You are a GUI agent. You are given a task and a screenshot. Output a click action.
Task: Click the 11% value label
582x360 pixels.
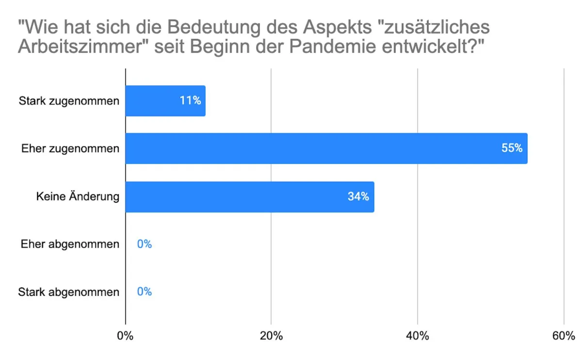(x=190, y=101)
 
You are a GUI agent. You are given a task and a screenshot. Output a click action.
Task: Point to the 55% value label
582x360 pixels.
(x=512, y=148)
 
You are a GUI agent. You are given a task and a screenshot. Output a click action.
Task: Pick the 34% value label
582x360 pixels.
(x=358, y=197)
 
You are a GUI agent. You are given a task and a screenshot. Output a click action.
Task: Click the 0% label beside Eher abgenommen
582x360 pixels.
(x=144, y=244)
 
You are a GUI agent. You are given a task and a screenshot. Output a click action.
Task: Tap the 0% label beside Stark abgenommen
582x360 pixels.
(x=144, y=292)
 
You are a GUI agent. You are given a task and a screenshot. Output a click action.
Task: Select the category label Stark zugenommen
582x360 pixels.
(x=69, y=101)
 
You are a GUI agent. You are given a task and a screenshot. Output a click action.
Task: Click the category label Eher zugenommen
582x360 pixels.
(x=70, y=149)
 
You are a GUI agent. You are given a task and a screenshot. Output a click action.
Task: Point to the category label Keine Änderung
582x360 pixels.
(x=78, y=197)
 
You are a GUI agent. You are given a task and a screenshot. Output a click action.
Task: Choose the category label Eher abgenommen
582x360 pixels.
(x=70, y=244)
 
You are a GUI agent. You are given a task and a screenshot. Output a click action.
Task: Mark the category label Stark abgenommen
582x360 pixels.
(x=68, y=292)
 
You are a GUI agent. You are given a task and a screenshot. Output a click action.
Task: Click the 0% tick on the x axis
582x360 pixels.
(x=126, y=336)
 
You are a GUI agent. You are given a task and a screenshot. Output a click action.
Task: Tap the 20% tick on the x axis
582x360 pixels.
(x=271, y=336)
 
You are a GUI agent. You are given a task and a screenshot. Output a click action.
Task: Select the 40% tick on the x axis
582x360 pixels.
(x=418, y=336)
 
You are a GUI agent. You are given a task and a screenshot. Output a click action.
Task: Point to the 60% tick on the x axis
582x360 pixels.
(x=564, y=336)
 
